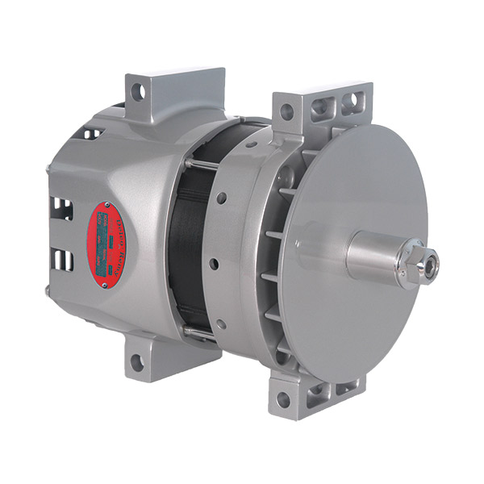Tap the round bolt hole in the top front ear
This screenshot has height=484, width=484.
tap(286, 111)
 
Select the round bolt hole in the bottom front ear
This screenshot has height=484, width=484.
tap(283, 399)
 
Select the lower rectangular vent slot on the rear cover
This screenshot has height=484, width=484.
tap(63, 260)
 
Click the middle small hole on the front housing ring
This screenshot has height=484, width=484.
tap(214, 264)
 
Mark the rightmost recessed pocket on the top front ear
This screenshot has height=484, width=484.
tap(349, 103)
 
